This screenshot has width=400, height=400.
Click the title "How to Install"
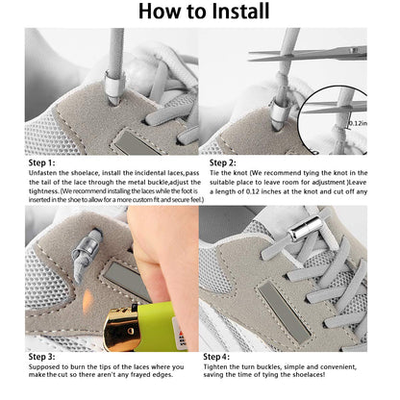[x=200, y=12]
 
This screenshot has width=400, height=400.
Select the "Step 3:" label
[x=41, y=357]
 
